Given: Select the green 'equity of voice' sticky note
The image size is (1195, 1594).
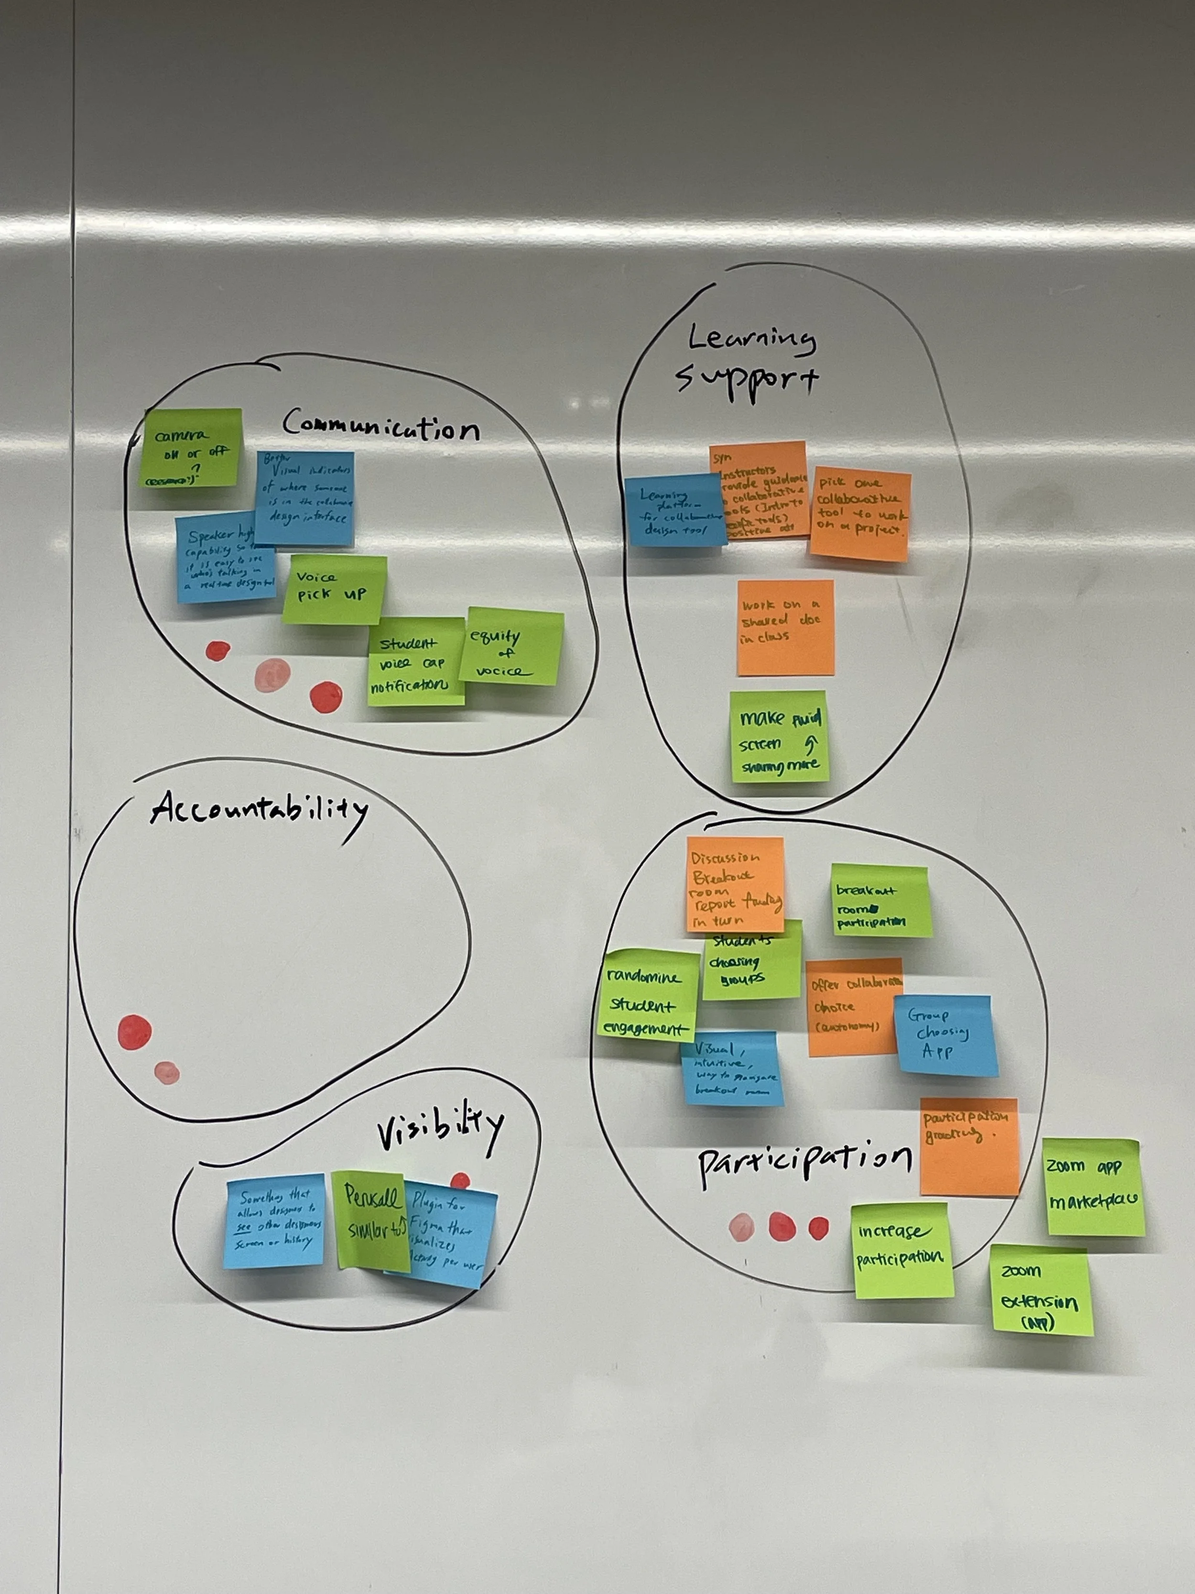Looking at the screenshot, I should point(511,647).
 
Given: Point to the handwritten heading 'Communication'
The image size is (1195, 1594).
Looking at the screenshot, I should point(380,425).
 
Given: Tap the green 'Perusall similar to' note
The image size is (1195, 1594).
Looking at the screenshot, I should point(371,1219).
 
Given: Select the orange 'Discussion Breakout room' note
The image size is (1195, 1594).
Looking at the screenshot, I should point(735,884).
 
